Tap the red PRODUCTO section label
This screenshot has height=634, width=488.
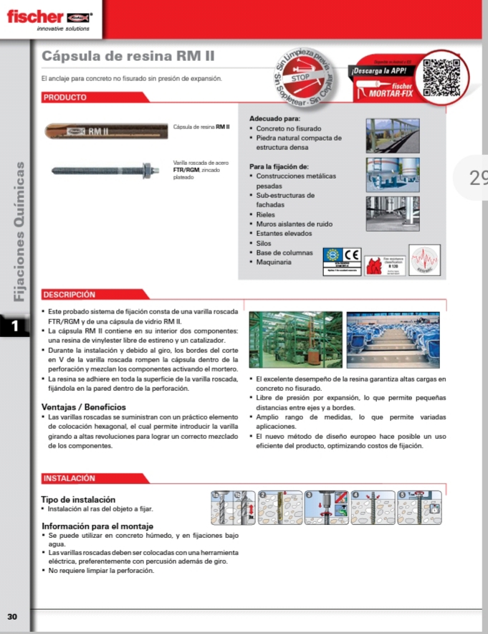click(65, 97)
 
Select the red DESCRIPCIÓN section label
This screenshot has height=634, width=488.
click(69, 294)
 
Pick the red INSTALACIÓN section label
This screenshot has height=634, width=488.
click(69, 478)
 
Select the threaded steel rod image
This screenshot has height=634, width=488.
click(107, 171)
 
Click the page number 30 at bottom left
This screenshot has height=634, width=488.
click(12, 617)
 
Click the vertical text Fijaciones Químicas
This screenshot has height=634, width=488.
click(21, 229)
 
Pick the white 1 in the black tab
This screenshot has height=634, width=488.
click(14, 327)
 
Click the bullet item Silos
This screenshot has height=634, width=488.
click(264, 243)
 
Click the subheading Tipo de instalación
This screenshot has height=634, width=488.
click(79, 499)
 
